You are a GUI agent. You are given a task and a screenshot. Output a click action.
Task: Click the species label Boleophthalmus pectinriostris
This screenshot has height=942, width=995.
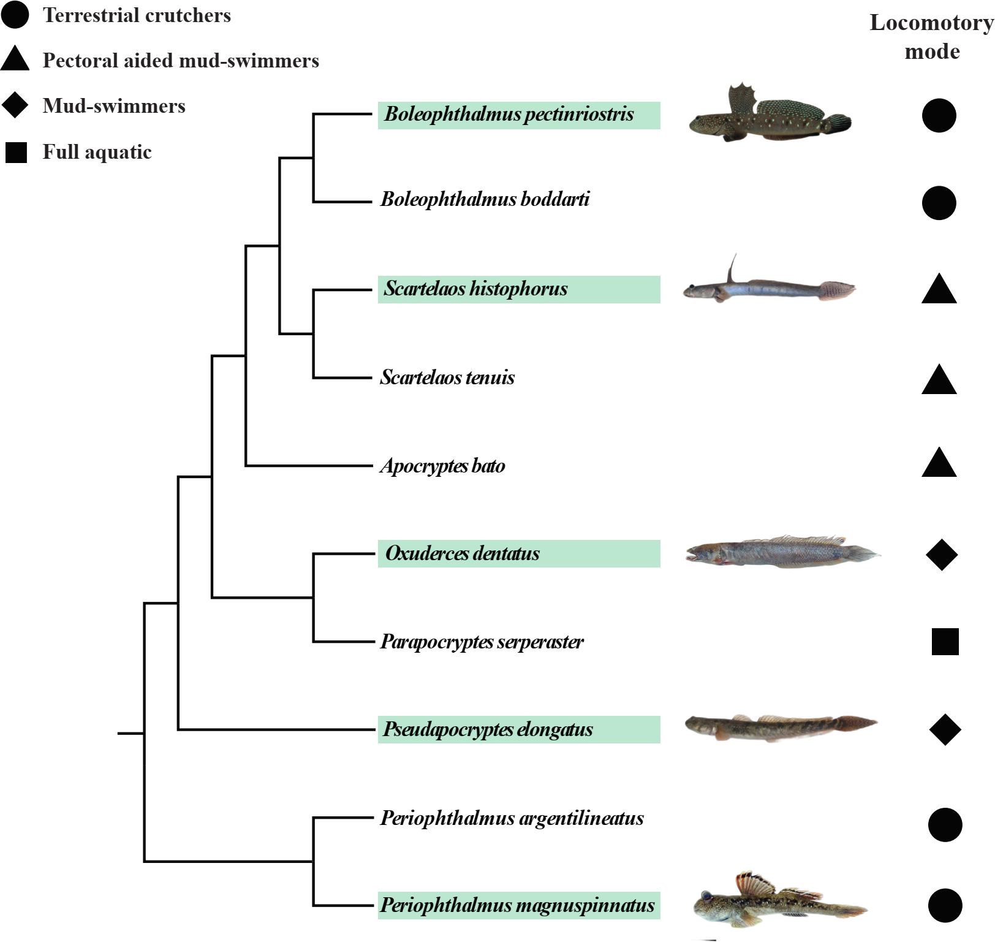tap(509, 115)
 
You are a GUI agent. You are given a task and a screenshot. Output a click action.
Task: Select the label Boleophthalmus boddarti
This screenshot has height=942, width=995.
tap(485, 199)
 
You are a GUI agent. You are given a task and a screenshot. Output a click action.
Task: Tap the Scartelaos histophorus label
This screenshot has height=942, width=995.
tap(475, 289)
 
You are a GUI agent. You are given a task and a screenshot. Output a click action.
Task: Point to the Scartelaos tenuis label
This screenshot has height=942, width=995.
tap(447, 377)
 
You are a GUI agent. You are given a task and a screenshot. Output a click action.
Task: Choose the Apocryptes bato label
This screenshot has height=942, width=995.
tap(442, 466)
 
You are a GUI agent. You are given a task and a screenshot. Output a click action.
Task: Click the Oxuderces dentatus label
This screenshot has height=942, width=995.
tap(462, 553)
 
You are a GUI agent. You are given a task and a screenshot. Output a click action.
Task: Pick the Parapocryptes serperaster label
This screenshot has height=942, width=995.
tap(482, 642)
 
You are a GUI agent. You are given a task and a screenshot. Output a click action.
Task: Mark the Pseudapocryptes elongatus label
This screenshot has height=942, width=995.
tap(488, 729)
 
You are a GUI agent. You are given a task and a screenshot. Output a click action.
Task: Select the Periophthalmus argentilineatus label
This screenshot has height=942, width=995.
tap(512, 818)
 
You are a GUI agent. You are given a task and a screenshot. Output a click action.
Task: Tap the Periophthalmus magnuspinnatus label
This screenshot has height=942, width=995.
tap(517, 905)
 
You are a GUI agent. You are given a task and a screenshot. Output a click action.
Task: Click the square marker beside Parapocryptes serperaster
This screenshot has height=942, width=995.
tap(945, 642)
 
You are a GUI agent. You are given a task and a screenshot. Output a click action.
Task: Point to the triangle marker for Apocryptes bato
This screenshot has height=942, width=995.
tap(939, 464)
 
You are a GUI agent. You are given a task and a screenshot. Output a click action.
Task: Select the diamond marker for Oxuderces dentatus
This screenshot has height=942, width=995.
tap(942, 555)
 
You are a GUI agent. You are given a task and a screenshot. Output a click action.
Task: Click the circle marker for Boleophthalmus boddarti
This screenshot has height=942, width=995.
tap(939, 203)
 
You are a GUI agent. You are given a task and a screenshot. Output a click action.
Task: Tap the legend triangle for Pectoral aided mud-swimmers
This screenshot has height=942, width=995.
tap(15, 59)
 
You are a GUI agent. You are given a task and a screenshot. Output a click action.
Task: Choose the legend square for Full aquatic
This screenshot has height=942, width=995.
tap(17, 152)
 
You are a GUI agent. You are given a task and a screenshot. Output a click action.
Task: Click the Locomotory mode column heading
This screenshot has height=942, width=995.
tap(931, 37)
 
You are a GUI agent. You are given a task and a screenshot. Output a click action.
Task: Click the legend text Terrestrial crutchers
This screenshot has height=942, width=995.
tap(137, 15)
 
